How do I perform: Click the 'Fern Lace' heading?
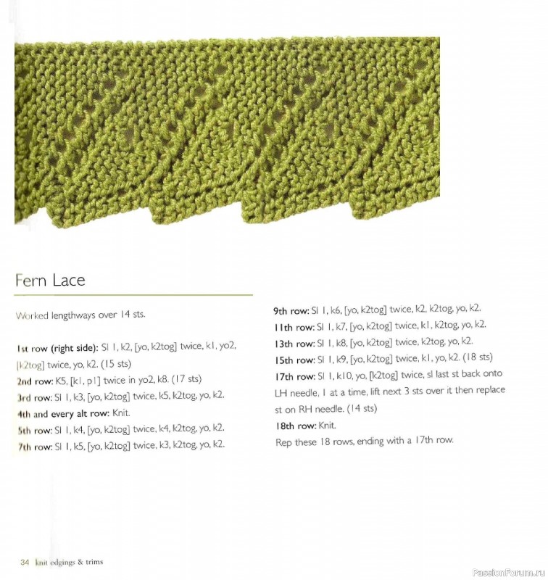50,280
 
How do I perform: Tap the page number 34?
25,563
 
